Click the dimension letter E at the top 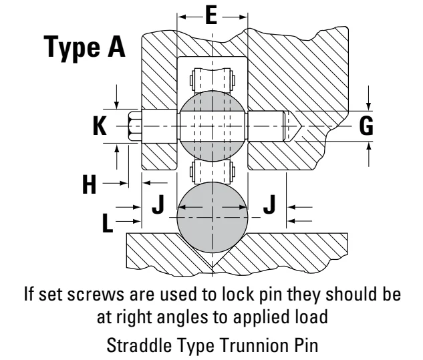[211, 15]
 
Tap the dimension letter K [100, 126]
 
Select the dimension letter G [366, 126]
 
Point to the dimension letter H [90, 184]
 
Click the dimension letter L [108, 222]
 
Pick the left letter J [158, 204]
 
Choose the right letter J [269, 204]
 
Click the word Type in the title [72, 48]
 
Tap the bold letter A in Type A [116, 46]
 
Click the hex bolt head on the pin [135, 126]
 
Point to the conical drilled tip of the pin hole [295, 126]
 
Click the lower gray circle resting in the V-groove [213, 217]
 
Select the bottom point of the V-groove [213, 267]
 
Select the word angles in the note [182, 318]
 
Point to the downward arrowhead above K [116, 105]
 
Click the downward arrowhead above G [369, 106]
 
